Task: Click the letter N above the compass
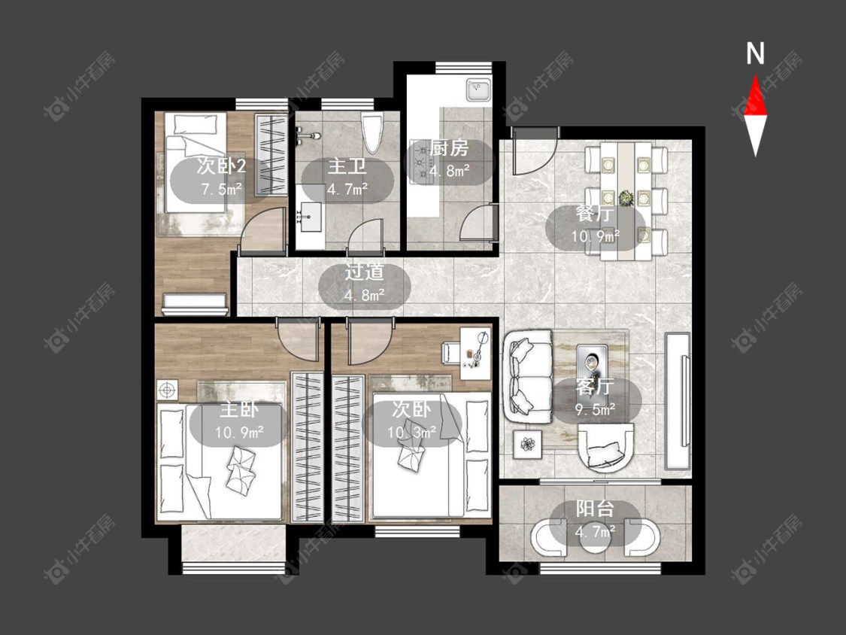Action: click(755, 53)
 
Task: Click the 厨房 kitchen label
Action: click(450, 148)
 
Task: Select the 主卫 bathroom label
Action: click(347, 166)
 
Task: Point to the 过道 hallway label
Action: click(364, 272)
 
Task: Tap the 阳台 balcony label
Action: click(595, 509)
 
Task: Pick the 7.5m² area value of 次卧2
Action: click(220, 190)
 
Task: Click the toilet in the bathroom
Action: click(372, 133)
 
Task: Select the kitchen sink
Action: click(478, 90)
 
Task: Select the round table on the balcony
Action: click(595, 537)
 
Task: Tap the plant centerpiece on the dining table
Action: click(626, 198)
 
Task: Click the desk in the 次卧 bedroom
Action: click(475, 353)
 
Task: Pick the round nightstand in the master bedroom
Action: click(167, 390)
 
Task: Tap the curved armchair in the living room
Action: click(605, 446)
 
